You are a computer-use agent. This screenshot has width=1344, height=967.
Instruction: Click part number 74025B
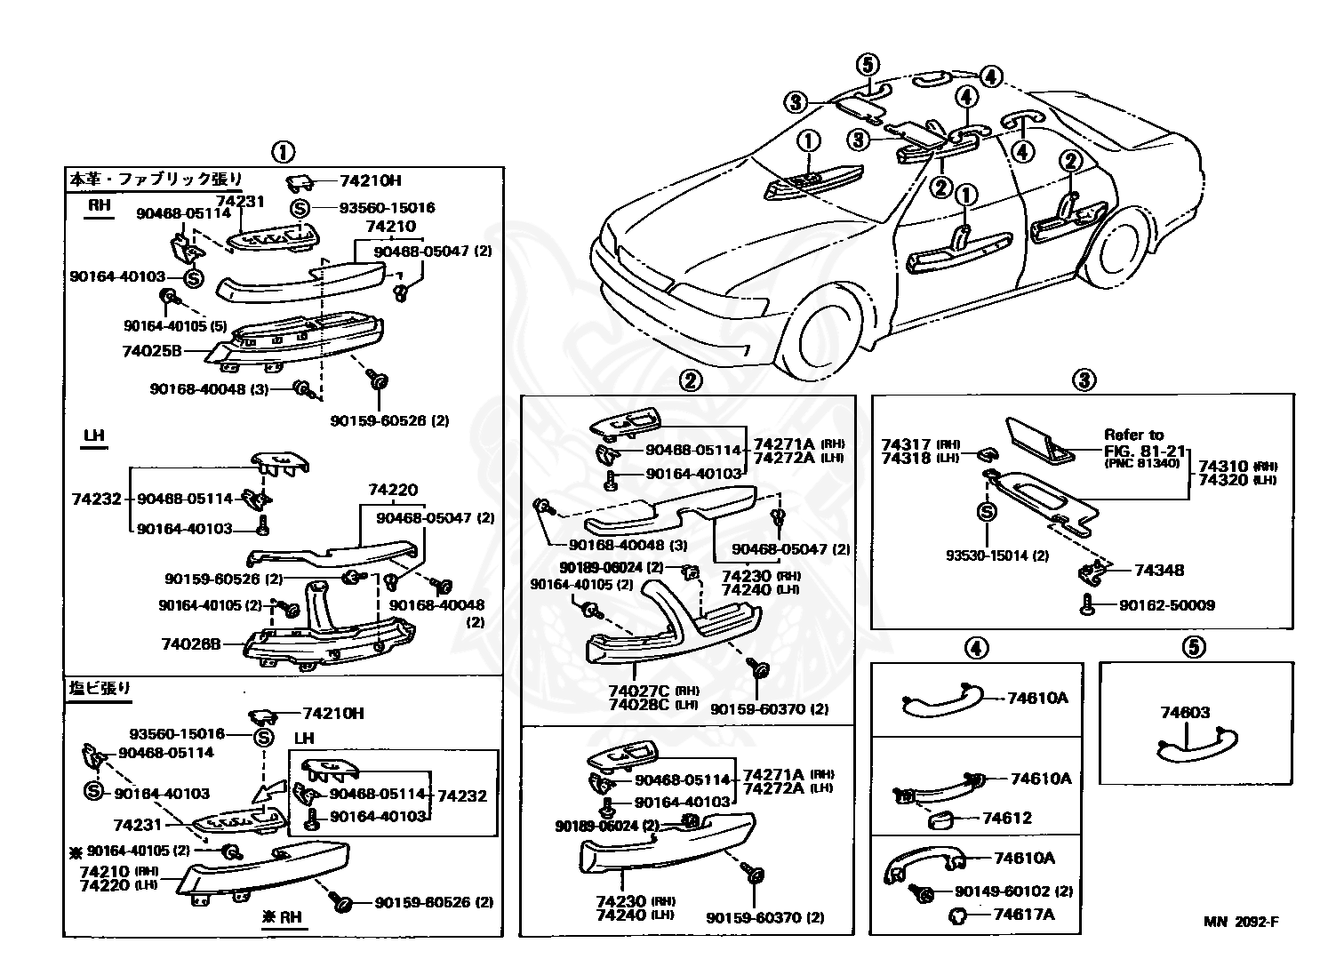tap(151, 351)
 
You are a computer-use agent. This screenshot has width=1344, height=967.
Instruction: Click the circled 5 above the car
tap(868, 65)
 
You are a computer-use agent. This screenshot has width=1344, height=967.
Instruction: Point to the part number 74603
tap(1185, 712)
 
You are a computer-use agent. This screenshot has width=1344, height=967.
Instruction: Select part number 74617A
tap(1023, 915)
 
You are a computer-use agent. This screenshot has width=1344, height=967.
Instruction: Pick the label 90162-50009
tap(1166, 605)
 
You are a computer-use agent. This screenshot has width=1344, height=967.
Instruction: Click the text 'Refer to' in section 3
tap(1133, 435)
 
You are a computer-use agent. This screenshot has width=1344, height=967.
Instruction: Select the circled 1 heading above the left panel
tap(283, 151)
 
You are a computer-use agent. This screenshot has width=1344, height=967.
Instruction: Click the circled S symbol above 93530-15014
tap(986, 511)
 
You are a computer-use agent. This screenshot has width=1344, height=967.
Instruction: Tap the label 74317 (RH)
tap(918, 444)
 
